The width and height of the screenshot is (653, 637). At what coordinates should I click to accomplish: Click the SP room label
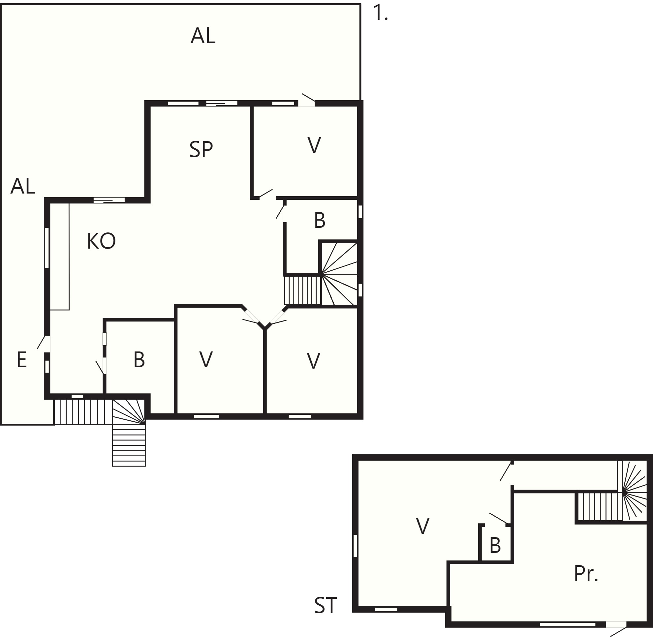201,149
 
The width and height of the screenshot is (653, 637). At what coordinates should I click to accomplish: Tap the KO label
101,241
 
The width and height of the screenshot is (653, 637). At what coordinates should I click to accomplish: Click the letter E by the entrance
22,360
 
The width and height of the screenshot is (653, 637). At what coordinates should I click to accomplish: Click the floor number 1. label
380,14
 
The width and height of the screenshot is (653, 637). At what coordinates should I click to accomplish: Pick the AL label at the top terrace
203,36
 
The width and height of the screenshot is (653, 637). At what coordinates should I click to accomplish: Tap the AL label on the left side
23,186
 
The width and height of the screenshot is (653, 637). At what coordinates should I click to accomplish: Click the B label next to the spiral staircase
320,221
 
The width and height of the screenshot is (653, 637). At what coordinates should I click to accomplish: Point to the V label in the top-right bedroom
314,145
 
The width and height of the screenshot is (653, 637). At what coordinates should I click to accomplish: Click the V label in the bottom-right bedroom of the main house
313,361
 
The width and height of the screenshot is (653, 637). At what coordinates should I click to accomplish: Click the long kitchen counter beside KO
60,257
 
